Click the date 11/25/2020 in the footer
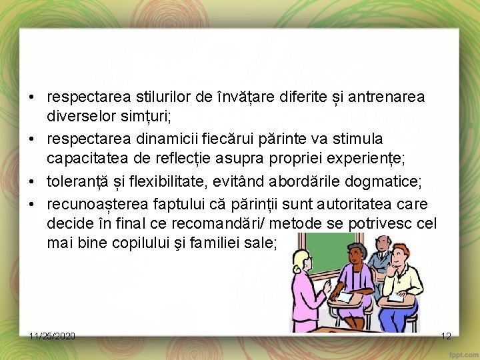coord(52,335)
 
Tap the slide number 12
coord(447,335)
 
